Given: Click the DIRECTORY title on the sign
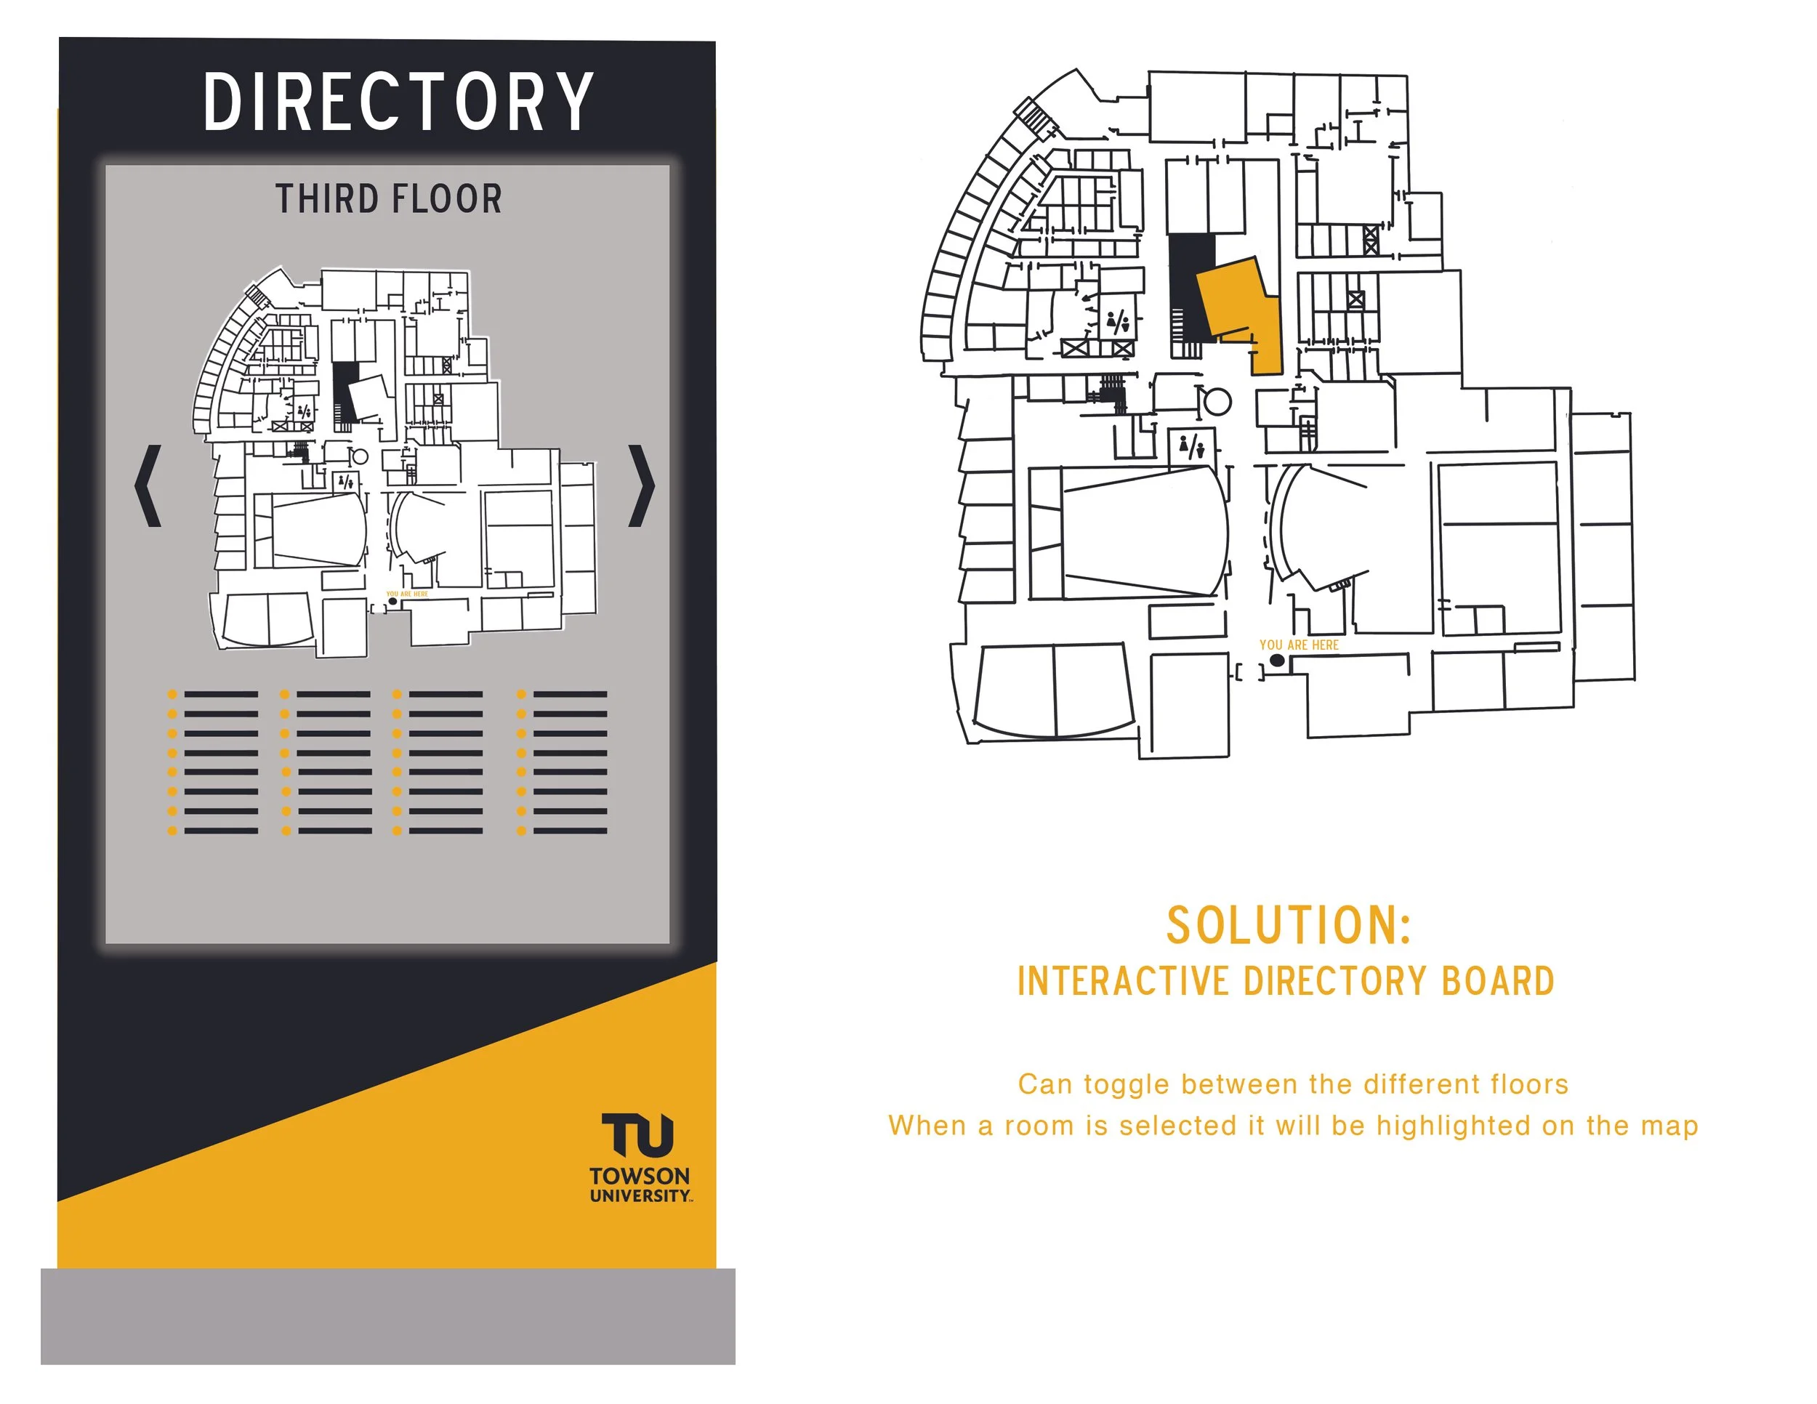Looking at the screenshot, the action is click(398, 102).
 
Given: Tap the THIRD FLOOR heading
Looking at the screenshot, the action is click(389, 200).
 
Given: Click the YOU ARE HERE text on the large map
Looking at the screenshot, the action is click(1299, 645).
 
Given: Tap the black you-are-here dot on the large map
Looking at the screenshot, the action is click(1277, 661).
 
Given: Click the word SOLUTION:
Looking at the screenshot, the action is click(1289, 925).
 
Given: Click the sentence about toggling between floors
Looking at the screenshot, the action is click(1293, 1084).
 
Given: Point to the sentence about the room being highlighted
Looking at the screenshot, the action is click(1293, 1126).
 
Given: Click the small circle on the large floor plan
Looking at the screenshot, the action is click(1218, 403).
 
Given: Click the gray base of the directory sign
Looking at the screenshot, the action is click(387, 1316).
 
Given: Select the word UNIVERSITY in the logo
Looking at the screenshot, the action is click(639, 1196).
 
